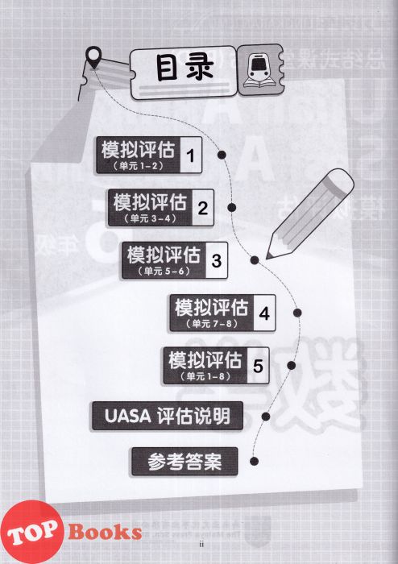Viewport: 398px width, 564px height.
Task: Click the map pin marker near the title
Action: tap(93, 57)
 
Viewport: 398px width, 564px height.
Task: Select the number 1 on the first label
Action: tap(191, 156)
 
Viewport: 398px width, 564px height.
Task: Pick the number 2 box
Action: tap(203, 208)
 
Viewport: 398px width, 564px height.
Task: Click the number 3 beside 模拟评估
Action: tap(217, 261)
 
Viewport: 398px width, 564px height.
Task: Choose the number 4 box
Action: tap(264, 313)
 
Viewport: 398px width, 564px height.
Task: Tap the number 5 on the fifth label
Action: tap(258, 366)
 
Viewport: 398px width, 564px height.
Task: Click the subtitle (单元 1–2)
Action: tap(138, 166)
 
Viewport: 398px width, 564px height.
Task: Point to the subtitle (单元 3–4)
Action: tap(150, 218)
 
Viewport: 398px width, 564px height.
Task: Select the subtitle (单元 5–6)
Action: tap(164, 271)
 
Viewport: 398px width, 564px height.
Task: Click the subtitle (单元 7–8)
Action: tap(212, 324)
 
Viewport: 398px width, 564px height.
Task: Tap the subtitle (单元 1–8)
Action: tap(205, 376)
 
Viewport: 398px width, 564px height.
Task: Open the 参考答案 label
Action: tap(184, 462)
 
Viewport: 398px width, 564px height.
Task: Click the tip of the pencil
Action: tap(267, 258)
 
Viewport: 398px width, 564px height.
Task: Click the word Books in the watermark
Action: tap(105, 532)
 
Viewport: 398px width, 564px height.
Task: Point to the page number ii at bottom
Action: tap(201, 544)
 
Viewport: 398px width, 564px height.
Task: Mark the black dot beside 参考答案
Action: tap(254, 461)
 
